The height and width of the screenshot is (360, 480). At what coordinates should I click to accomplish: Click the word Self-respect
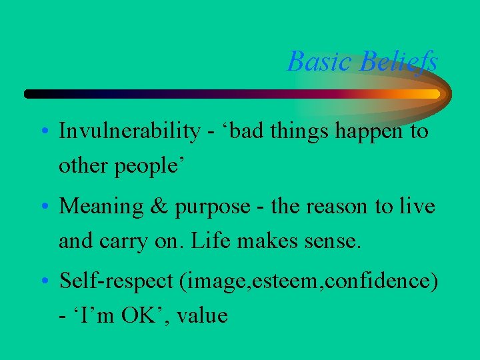click(117, 282)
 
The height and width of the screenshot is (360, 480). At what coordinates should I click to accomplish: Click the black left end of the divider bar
click(30, 94)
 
